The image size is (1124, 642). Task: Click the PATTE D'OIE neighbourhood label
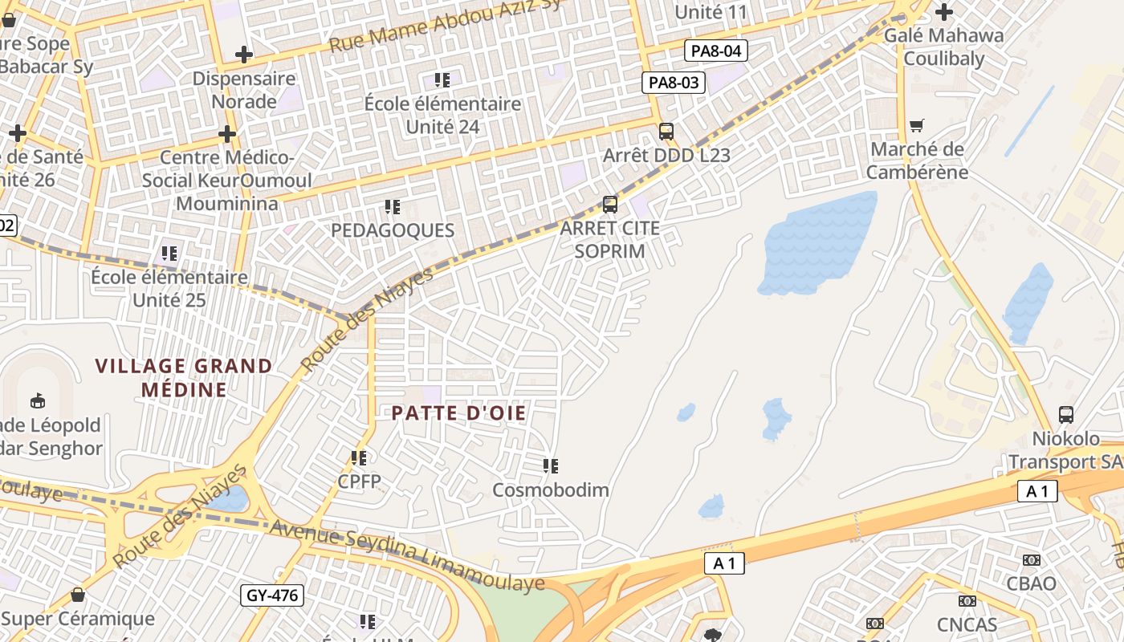pyautogui.click(x=458, y=413)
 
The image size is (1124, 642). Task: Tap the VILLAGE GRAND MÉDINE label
pyautogui.click(x=184, y=378)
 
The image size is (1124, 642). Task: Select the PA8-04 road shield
pyautogui.click(x=716, y=51)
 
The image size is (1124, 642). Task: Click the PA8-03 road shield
pyautogui.click(x=673, y=82)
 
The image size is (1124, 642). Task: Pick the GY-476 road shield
pyautogui.click(x=272, y=595)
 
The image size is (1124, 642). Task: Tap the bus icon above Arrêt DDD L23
pyautogui.click(x=666, y=132)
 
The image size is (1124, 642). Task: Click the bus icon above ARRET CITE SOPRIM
pyautogui.click(x=610, y=205)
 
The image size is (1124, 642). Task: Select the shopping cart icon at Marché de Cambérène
pyautogui.click(x=917, y=126)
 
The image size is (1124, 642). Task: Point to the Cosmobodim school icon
pyautogui.click(x=550, y=465)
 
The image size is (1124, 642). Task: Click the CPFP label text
pyautogui.click(x=359, y=481)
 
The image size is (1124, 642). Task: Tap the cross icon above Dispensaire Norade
pyautogui.click(x=244, y=55)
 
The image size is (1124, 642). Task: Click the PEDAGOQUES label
pyautogui.click(x=393, y=230)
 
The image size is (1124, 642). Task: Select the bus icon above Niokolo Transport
pyautogui.click(x=1066, y=415)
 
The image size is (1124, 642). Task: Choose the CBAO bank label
pyautogui.click(x=1032, y=583)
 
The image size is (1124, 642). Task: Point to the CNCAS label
pyautogui.click(x=967, y=624)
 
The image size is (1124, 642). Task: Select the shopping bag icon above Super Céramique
pyautogui.click(x=78, y=595)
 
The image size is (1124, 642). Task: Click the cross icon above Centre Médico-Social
pyautogui.click(x=227, y=133)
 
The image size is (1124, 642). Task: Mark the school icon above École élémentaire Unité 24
pyautogui.click(x=442, y=79)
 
